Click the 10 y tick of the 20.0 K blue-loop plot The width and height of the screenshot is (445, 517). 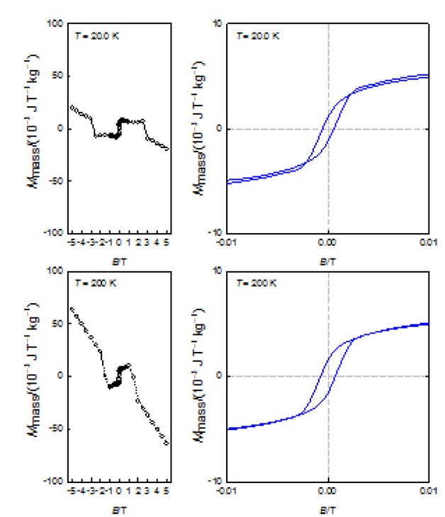click(219, 23)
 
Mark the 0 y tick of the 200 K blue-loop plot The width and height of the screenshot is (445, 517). click(221, 375)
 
